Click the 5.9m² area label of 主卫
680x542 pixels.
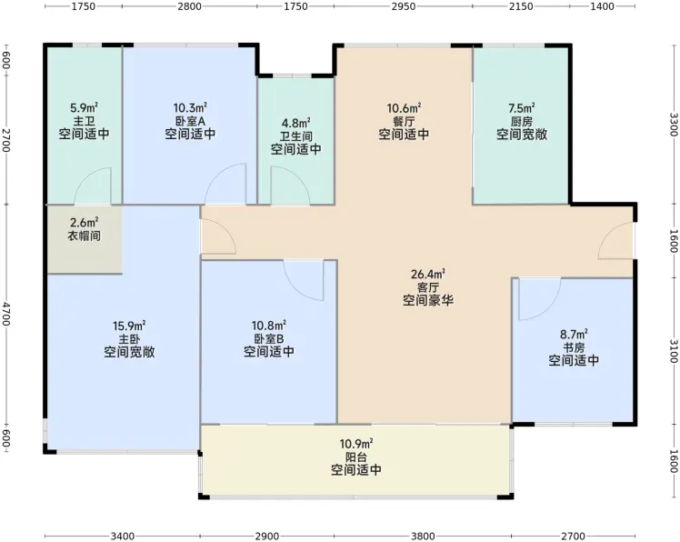(85, 107)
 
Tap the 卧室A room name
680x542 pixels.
(190, 121)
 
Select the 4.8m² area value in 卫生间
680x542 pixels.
(295, 124)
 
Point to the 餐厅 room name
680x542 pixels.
(404, 121)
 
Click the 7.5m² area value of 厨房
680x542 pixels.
(521, 107)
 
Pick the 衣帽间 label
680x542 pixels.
(85, 236)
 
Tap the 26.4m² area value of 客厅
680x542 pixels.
(428, 275)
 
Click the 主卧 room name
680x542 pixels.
(129, 339)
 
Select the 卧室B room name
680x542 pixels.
(269, 338)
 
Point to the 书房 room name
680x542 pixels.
(574, 347)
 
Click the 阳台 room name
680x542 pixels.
(356, 457)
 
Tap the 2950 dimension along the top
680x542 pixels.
(403, 6)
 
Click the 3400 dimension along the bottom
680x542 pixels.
(123, 537)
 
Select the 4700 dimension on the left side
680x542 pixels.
(6, 314)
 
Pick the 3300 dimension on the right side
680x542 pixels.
(674, 125)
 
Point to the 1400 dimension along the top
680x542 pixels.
(603, 6)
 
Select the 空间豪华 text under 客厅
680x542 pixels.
(428, 300)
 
